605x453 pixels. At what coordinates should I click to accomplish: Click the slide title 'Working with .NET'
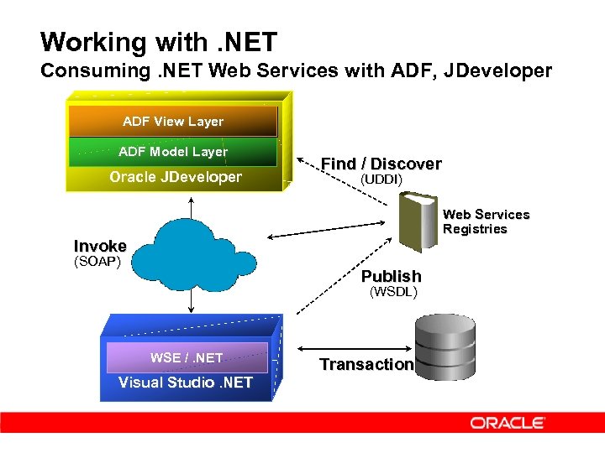pos(159,41)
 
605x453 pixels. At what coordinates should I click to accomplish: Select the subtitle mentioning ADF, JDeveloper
pos(297,70)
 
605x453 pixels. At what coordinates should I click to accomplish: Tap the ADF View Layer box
pos(173,122)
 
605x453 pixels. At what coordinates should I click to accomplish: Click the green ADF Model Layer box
pos(173,152)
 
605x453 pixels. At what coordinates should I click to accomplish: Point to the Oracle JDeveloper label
pos(176,177)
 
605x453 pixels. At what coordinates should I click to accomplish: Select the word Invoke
pos(100,246)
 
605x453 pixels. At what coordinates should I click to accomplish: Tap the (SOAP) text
pos(97,262)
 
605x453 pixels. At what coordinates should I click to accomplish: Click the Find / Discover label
pos(381,164)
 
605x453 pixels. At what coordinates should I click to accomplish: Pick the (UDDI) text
pos(381,180)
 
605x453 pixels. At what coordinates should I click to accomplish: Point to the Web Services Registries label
pos(486,221)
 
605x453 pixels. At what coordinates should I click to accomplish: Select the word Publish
pos(391,276)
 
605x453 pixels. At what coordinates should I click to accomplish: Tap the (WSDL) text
pos(394,292)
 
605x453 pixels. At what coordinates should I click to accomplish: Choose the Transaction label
pos(366,364)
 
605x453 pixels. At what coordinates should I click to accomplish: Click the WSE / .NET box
pos(187,357)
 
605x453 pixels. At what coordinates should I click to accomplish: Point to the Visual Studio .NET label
pos(185,383)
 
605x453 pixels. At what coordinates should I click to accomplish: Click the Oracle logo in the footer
pos(508,423)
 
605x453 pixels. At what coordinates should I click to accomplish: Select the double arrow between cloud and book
pos(329,231)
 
